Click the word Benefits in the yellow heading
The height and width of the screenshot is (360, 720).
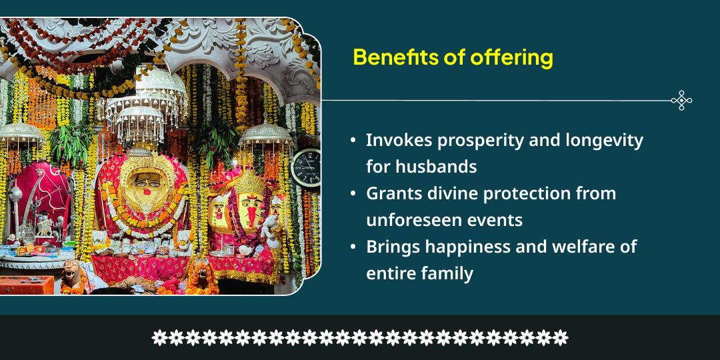(x=390, y=58)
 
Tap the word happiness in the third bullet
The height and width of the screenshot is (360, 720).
(x=467, y=247)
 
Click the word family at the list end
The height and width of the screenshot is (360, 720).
(x=447, y=273)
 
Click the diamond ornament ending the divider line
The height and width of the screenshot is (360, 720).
(x=681, y=100)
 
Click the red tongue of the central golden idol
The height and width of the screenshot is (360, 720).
(x=148, y=191)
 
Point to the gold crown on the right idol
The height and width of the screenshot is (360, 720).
(x=249, y=182)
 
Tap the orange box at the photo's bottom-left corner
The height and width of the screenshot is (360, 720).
(x=27, y=285)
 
